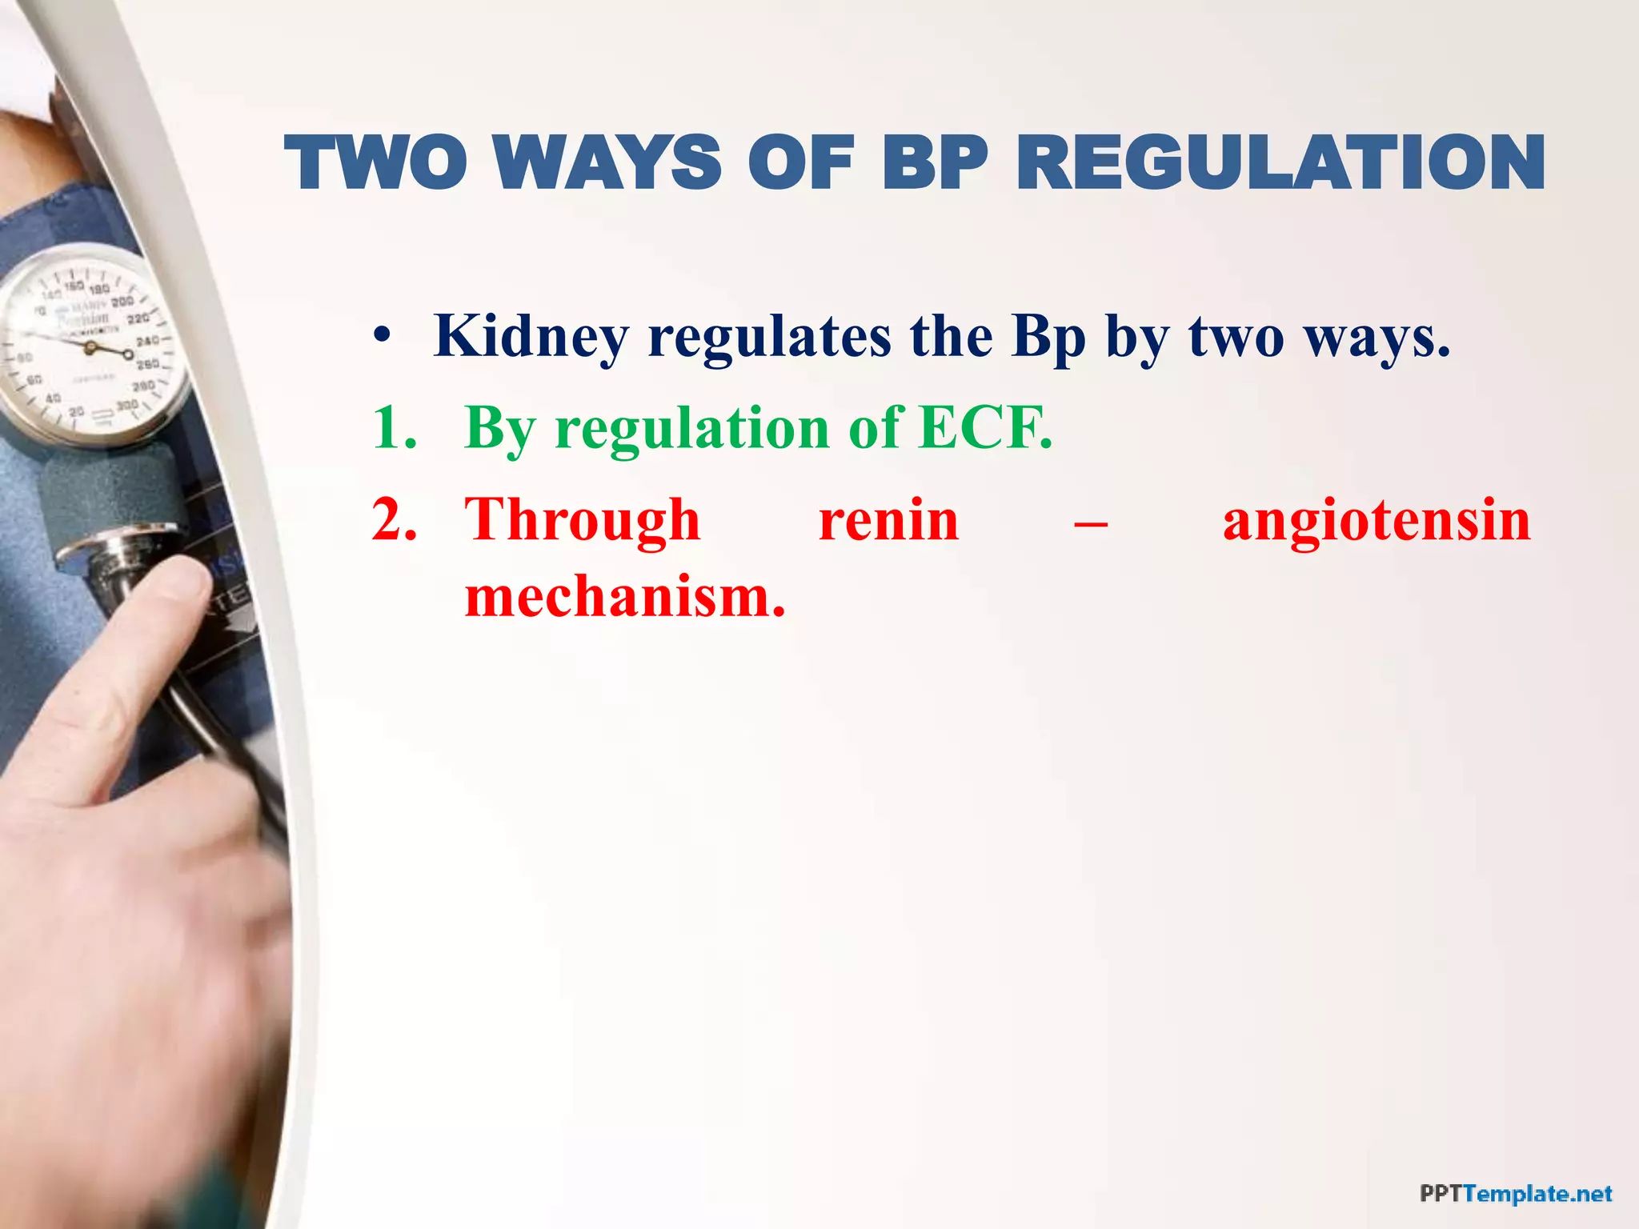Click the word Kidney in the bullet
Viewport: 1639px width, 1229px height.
531,337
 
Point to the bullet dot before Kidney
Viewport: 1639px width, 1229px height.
383,336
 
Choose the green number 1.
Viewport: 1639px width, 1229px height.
392,428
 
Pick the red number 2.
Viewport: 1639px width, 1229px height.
392,520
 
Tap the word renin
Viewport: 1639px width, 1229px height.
888,520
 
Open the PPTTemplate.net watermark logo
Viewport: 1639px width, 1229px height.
1515,1195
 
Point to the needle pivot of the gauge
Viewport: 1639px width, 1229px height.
90,347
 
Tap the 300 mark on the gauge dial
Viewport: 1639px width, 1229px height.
127,406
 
